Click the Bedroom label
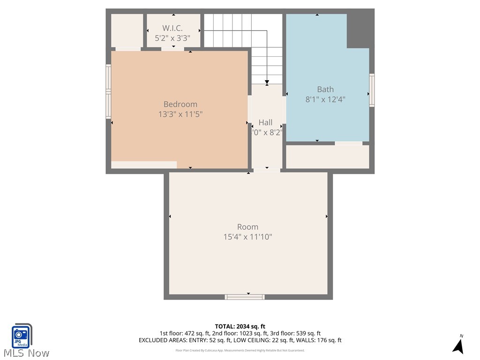[x=180, y=104]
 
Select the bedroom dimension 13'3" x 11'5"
[x=180, y=114]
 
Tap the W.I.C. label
[x=172, y=29]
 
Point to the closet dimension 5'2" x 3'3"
[x=172, y=38]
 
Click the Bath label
[x=325, y=89]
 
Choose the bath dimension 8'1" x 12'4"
[x=325, y=99]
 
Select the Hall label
[x=265, y=122]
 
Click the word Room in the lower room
[x=247, y=227]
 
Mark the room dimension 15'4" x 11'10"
[x=247, y=237]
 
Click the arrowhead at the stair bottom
[x=267, y=82]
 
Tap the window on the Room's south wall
[x=245, y=297]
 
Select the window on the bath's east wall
[x=372, y=90]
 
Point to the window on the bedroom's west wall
[x=108, y=91]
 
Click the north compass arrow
[x=458, y=345]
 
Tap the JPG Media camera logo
[x=21, y=336]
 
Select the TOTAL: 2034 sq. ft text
[x=240, y=326]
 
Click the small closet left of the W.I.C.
[x=127, y=30]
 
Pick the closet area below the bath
[x=327, y=157]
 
